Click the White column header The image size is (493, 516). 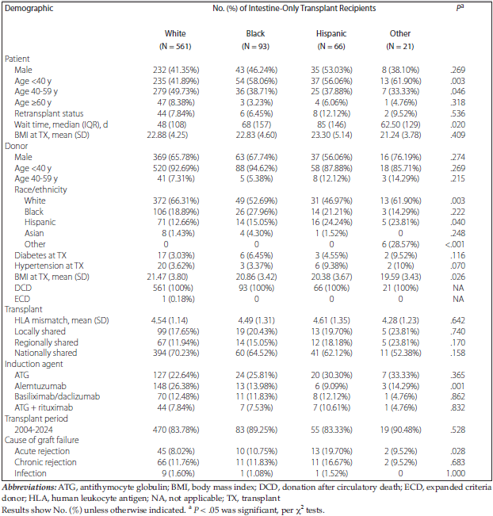pyautogui.click(x=174, y=34)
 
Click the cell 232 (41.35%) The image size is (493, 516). pyautogui.click(x=175, y=71)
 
